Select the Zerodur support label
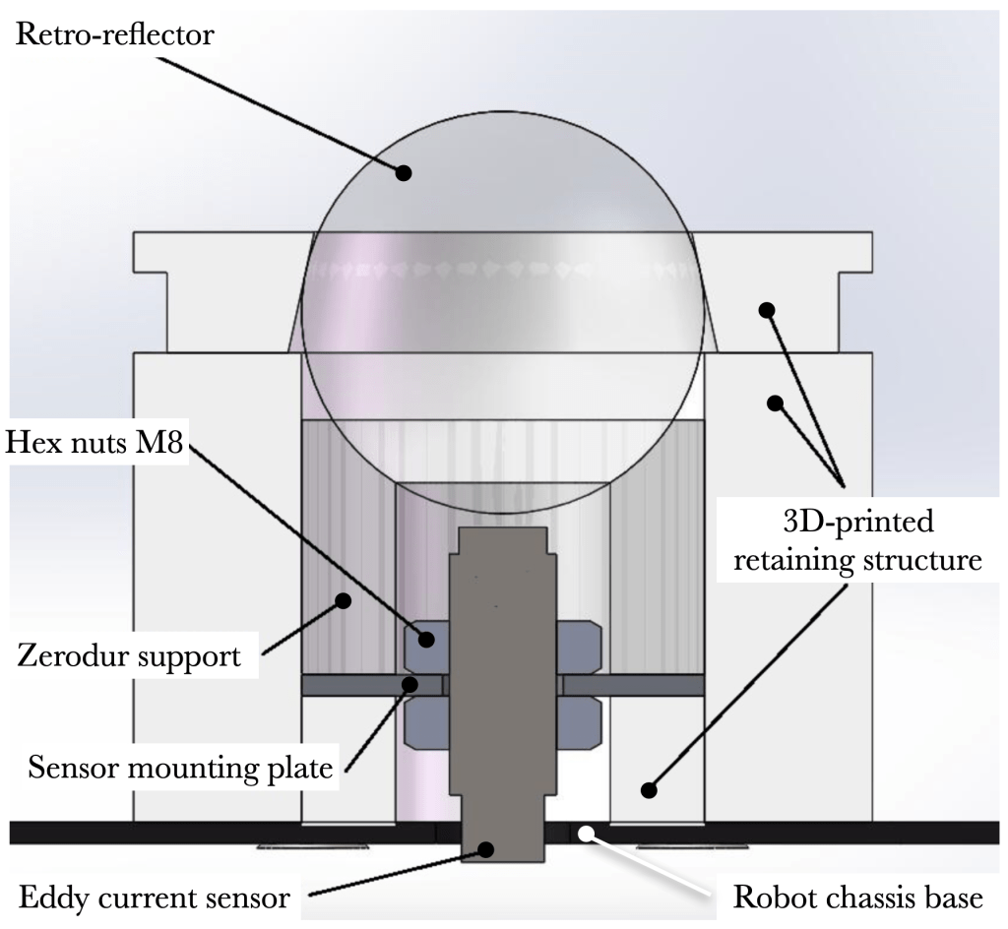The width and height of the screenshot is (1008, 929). pyautogui.click(x=130, y=655)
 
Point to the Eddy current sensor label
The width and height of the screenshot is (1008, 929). pyautogui.click(x=156, y=897)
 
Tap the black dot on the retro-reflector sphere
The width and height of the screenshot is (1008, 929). pyautogui.click(x=403, y=172)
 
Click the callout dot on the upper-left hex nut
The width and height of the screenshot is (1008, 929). pyautogui.click(x=427, y=640)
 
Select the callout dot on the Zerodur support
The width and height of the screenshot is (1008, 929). pyautogui.click(x=344, y=599)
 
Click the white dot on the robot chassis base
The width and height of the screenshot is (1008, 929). pyautogui.click(x=586, y=835)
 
